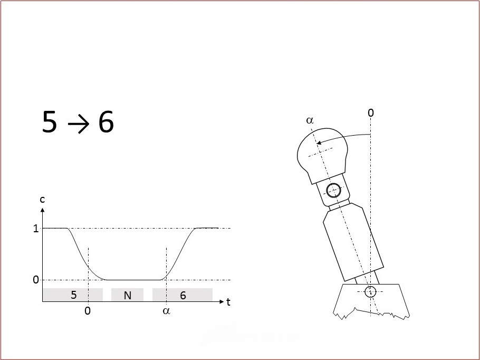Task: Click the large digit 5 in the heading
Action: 50,122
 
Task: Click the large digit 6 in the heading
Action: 106,122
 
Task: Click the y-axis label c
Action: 42,200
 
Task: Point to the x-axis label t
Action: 228,302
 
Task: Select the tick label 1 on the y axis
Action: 36,229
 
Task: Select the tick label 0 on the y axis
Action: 36,280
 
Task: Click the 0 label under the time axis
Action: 88,311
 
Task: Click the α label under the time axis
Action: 166,311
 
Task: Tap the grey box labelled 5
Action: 73,295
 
